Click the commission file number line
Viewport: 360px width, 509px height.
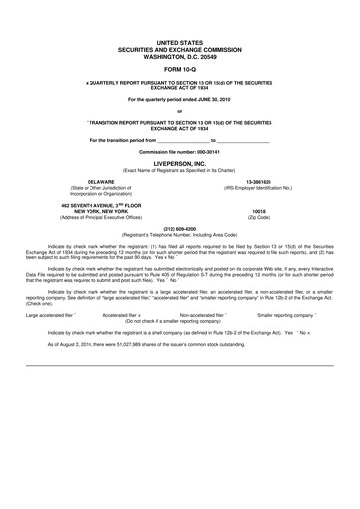click(x=179, y=149)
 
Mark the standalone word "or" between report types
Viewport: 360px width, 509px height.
click(x=179, y=111)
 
